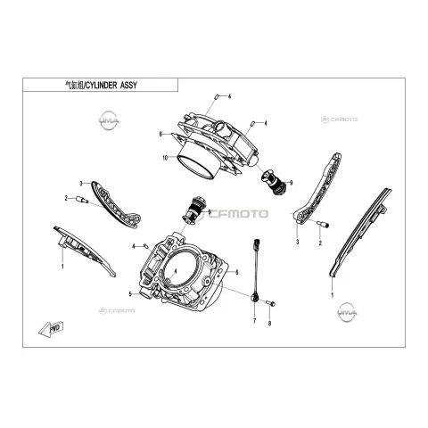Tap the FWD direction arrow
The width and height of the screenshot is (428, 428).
coord(52,329)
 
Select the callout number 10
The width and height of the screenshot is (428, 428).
coord(165,158)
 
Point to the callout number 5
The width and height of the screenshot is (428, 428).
coord(130,294)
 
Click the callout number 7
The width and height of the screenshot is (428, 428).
coord(254,321)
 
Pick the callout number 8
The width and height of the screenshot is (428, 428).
coord(269,324)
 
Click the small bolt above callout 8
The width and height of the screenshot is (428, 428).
coord(271,303)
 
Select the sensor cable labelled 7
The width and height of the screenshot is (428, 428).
coord(256,269)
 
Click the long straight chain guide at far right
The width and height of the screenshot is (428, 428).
coord(360,234)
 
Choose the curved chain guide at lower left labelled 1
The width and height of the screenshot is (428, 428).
coord(84,251)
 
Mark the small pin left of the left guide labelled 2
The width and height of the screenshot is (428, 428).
coord(82,200)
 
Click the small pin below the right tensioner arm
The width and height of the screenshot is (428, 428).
coord(323,224)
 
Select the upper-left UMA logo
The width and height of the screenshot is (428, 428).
coord(109,120)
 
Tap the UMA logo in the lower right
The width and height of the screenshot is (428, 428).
coord(348,312)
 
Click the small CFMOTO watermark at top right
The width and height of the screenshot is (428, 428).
coord(339,119)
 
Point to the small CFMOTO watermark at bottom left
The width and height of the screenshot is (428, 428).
coord(117,311)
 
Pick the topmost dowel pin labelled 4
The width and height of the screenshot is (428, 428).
coord(217,96)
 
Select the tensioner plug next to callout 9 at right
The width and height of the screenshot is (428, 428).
coord(273,182)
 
